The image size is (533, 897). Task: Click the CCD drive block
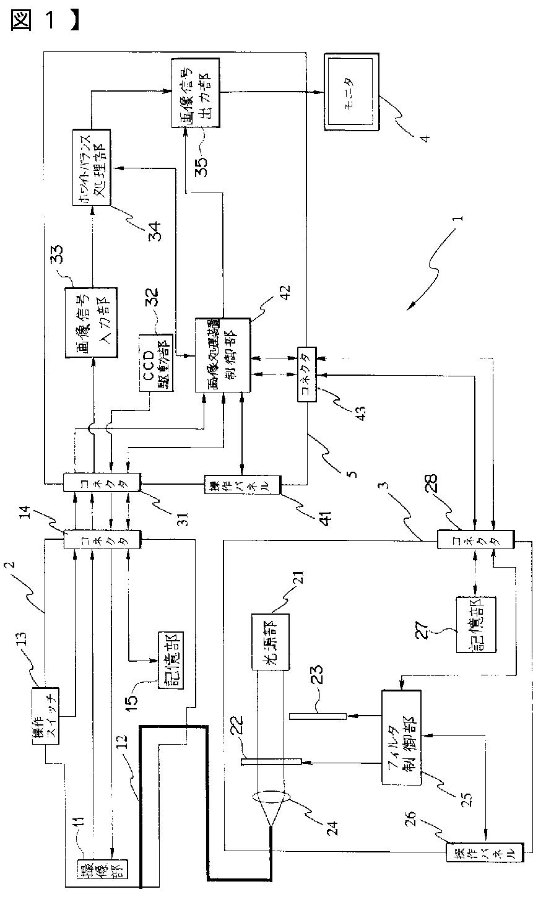tap(157, 365)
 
